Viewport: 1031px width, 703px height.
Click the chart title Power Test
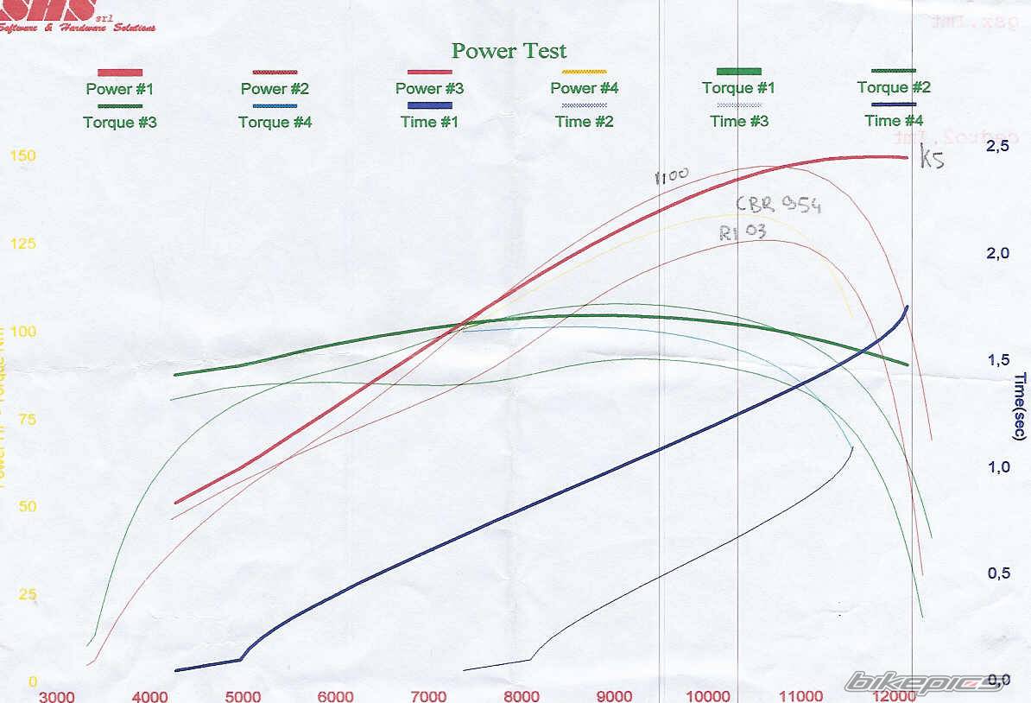click(x=509, y=50)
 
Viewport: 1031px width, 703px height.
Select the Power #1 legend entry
click(x=121, y=88)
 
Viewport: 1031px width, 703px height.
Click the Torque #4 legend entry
click(x=275, y=122)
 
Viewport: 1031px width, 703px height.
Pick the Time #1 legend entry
click(x=429, y=122)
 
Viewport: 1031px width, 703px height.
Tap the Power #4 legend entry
click(x=585, y=88)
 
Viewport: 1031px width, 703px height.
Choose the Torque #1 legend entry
click(x=738, y=88)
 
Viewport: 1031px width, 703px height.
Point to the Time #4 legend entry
click(x=894, y=121)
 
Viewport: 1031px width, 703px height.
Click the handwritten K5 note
click(x=933, y=160)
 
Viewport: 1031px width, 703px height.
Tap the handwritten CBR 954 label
click(x=778, y=205)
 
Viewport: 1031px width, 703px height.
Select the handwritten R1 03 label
click(x=742, y=231)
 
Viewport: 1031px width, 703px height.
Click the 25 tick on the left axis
click(x=27, y=594)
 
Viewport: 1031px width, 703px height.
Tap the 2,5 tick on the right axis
click(x=996, y=147)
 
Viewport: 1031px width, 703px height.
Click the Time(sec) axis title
click(x=1020, y=406)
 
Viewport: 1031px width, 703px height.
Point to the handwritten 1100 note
click(x=672, y=176)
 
